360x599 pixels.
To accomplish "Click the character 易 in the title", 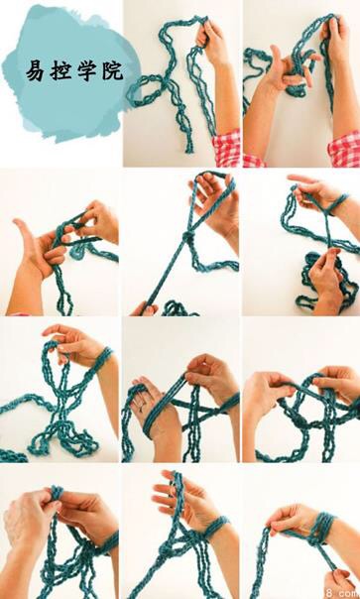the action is (x=35, y=71).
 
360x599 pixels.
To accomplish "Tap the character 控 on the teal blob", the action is (x=60, y=71).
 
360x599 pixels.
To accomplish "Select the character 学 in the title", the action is (x=86, y=71).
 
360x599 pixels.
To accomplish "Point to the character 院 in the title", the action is (x=113, y=71).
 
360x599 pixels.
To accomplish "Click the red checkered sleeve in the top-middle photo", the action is (x=227, y=148).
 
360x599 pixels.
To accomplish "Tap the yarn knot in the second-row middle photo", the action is (x=187, y=237).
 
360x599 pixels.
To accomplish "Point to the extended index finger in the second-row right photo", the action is (x=302, y=179).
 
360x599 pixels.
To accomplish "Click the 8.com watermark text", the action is (x=344, y=593).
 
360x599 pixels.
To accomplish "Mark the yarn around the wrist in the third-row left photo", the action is (x=101, y=358).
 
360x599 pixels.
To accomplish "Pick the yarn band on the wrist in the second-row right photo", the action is (x=337, y=203).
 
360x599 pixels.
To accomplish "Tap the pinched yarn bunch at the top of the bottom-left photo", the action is (x=57, y=494).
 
